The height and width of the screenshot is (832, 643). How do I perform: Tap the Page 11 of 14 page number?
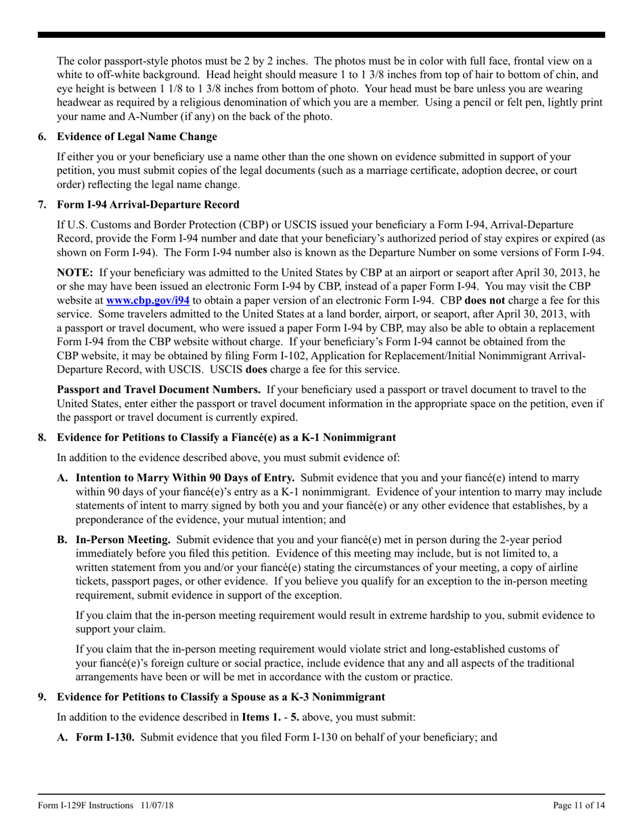pyautogui.click(x=579, y=806)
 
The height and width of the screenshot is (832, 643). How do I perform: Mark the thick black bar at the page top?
pyautogui.click(x=321, y=34)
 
